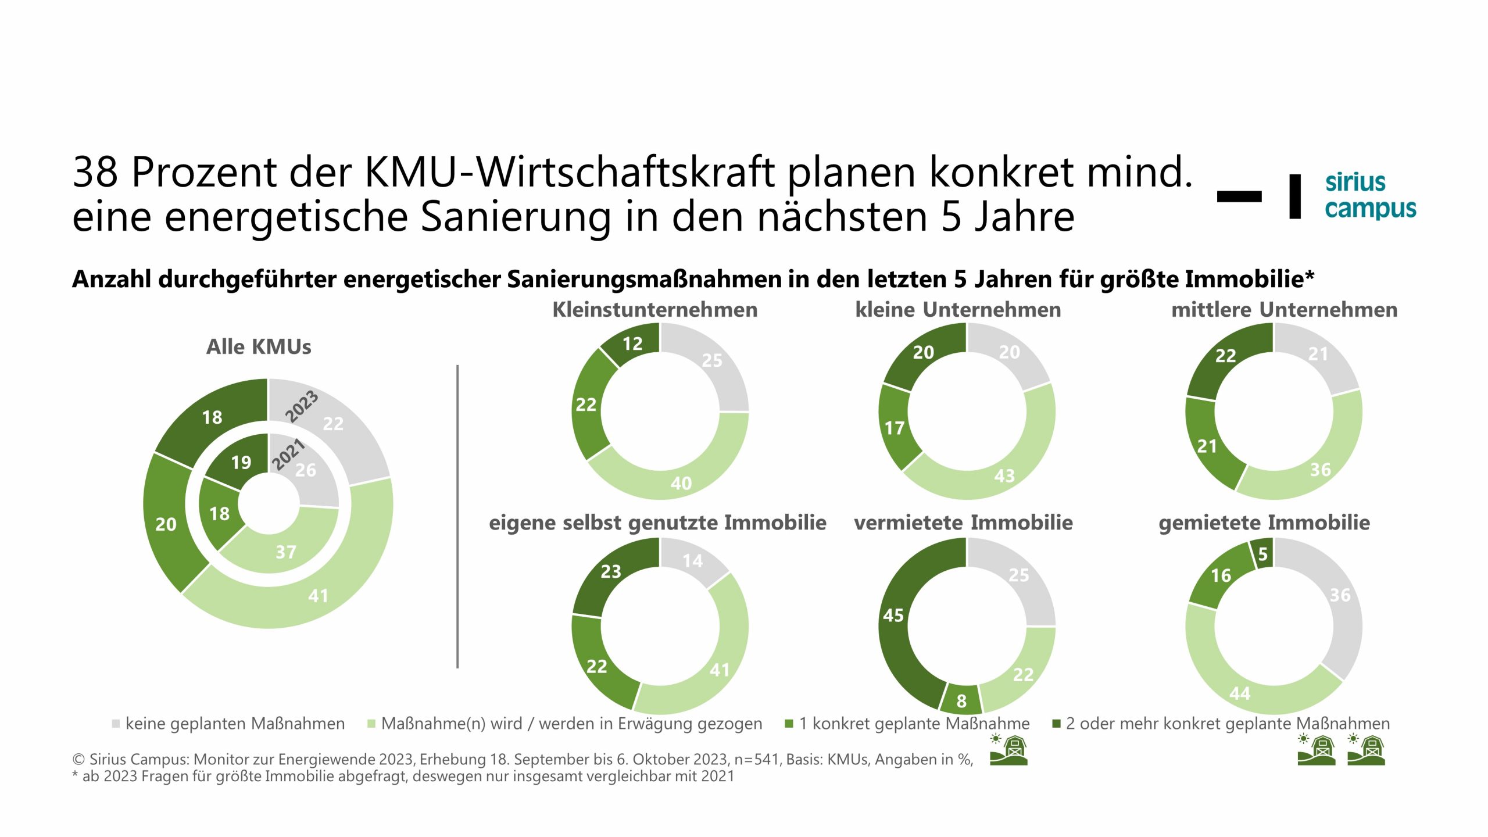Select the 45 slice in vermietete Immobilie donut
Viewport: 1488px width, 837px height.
(x=893, y=615)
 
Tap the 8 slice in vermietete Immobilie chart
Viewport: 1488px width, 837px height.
(x=961, y=700)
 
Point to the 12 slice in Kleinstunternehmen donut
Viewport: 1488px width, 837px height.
(x=632, y=344)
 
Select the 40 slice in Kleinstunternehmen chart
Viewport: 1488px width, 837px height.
(x=681, y=482)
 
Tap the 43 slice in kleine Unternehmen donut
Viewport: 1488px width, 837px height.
(x=1004, y=475)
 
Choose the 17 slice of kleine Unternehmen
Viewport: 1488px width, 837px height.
(x=895, y=428)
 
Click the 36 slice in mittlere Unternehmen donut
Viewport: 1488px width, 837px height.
(x=1320, y=469)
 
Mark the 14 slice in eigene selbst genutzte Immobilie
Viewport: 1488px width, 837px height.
(x=692, y=561)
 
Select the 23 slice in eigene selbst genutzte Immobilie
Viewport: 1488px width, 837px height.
(x=610, y=571)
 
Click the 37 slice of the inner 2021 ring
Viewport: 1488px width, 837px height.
(x=285, y=551)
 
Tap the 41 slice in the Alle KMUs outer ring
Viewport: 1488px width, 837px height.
(x=317, y=595)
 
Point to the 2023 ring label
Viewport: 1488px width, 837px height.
(x=302, y=406)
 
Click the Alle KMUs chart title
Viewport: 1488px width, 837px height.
(x=259, y=346)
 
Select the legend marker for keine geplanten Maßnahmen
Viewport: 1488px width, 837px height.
(x=116, y=724)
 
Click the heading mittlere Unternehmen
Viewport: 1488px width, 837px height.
(x=1284, y=309)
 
